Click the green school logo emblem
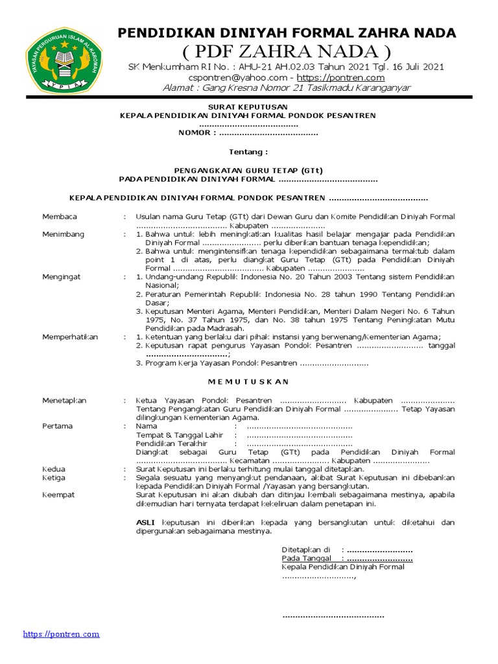pyautogui.click(x=63, y=64)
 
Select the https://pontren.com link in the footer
pyautogui.click(x=61, y=634)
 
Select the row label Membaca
pyautogui.click(x=60, y=217)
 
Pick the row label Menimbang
pyautogui.click(x=64, y=233)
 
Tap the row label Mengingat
pyautogui.click(x=63, y=277)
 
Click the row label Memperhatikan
pyautogui.click(x=70, y=337)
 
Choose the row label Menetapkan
pyautogui.click(x=64, y=401)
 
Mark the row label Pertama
pyautogui.click(x=58, y=426)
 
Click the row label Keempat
pyautogui.click(x=58, y=495)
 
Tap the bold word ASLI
pyautogui.click(x=146, y=523)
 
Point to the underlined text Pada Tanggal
pyautogui.click(x=307, y=558)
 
